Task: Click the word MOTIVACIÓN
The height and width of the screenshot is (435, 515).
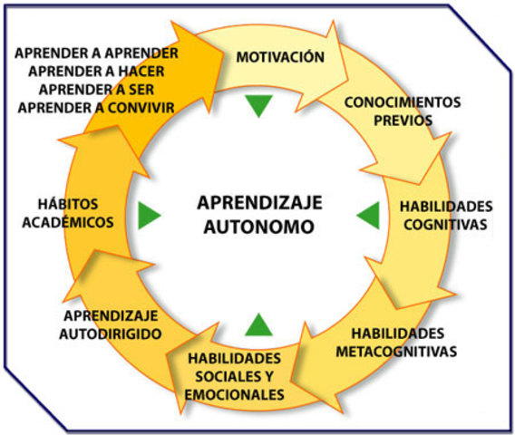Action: click(x=279, y=57)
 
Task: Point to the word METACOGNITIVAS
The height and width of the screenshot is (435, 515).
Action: click(x=403, y=350)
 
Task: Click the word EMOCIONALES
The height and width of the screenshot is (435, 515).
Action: click(x=235, y=394)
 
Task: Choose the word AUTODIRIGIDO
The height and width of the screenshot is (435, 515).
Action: click(x=112, y=333)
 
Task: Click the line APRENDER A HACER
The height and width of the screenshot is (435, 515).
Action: click(x=102, y=71)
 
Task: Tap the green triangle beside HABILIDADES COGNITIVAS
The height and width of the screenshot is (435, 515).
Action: click(x=368, y=216)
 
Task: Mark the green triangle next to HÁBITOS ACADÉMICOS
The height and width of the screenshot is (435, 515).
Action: click(x=150, y=216)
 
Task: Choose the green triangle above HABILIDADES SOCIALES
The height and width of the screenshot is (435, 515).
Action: click(x=258, y=324)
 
